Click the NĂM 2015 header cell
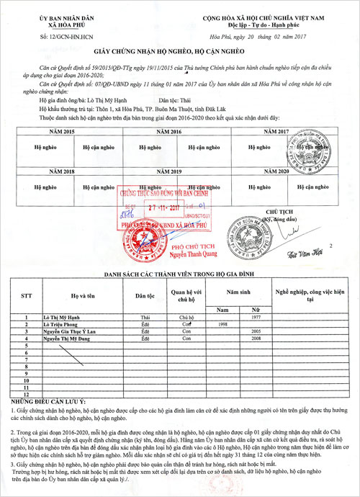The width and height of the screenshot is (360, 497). point(63,133)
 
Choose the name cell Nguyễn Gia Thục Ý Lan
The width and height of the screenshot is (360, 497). point(71,331)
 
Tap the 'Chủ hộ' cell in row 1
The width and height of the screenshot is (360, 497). point(186,317)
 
